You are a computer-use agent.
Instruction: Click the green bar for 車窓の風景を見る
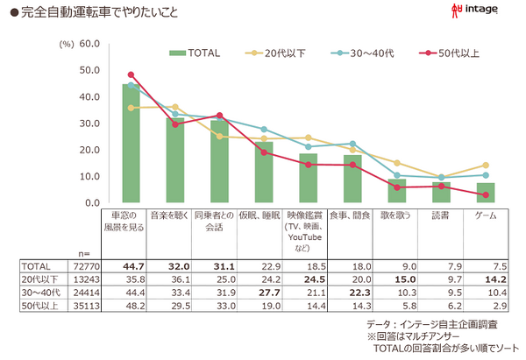tap(131, 144)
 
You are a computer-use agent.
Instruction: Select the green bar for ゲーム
tap(486, 193)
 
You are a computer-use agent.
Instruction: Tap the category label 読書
tap(442, 215)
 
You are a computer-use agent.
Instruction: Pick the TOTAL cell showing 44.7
tap(131, 264)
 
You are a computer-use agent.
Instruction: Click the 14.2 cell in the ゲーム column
tap(486, 278)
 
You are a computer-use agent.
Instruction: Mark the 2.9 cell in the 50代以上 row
tap(486, 306)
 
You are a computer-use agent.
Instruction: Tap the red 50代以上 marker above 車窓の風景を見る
tap(131, 74)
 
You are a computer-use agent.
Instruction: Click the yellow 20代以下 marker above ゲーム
tap(486, 165)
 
